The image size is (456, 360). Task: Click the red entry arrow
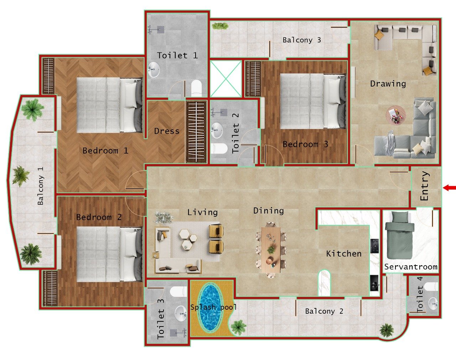pos(450,188)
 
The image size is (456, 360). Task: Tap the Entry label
pos(425,186)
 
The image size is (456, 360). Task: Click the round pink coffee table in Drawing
pos(396,115)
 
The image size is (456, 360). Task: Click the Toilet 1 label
pos(177,55)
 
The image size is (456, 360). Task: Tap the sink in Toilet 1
pos(154,69)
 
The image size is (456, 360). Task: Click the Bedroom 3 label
pos(305,144)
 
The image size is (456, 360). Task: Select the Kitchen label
pos(344,254)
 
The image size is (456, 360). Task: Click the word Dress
pos(167,131)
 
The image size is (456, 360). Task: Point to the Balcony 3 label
pos(302,40)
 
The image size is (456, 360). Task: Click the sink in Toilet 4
pos(432,304)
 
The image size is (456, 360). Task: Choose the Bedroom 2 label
pos(99,217)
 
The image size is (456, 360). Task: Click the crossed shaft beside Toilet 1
pos(226,79)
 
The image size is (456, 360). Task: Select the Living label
pos(202,212)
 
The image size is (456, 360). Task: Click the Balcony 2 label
pos(324,311)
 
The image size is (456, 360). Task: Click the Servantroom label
pos(410,267)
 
